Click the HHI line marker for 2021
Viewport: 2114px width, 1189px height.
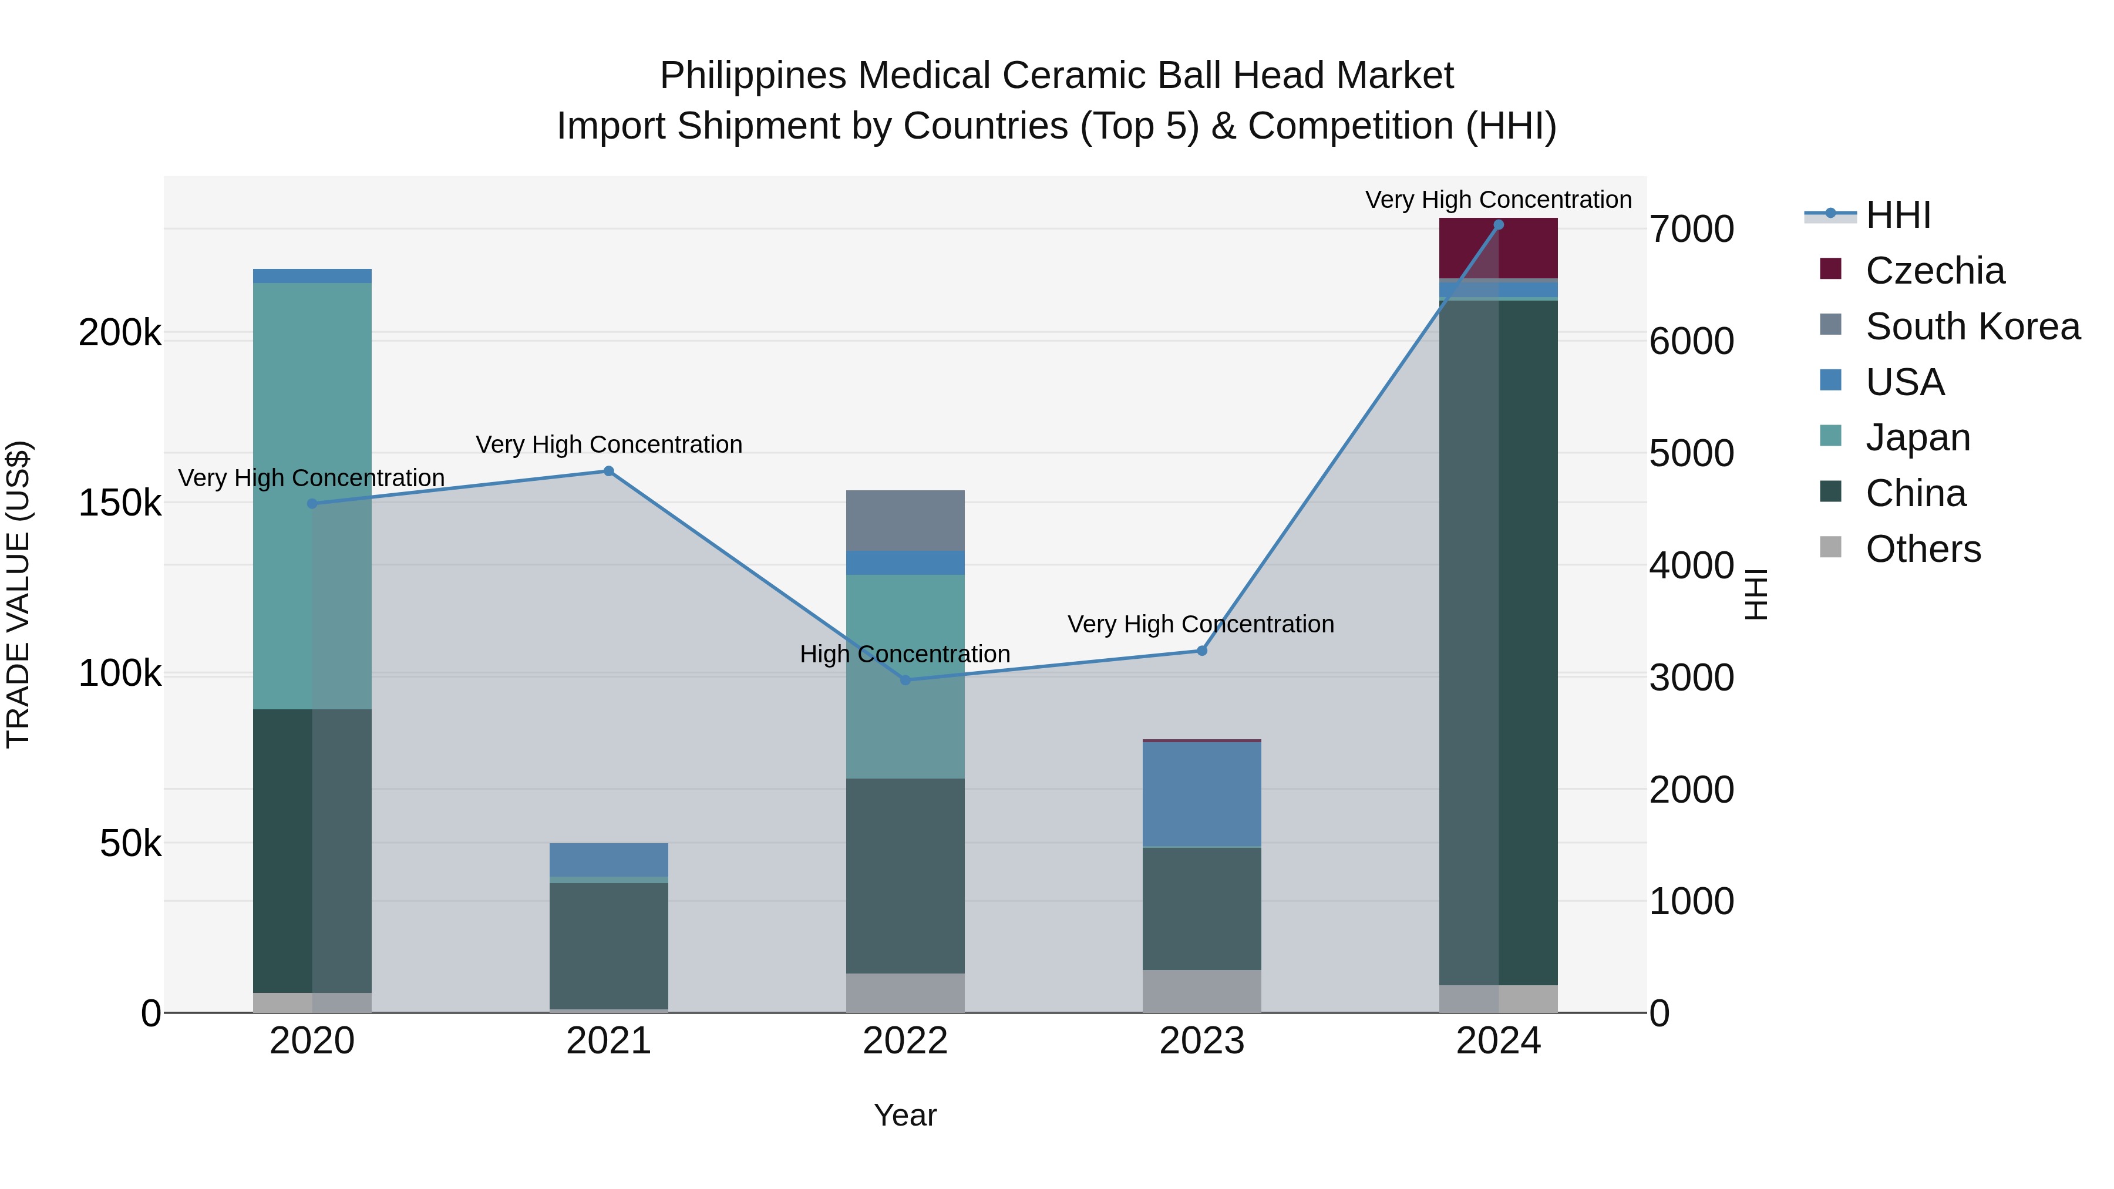click(608, 471)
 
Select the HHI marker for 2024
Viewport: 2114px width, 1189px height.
click(1499, 225)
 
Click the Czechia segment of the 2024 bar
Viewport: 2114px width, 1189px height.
click(1499, 248)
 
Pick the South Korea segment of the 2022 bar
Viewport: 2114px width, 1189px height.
click(905, 520)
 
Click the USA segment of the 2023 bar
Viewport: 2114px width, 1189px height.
click(1201, 793)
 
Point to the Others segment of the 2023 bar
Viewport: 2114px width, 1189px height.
click(1201, 991)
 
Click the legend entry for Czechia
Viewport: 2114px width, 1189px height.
click(1934, 271)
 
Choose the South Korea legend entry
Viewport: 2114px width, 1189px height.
click(1972, 326)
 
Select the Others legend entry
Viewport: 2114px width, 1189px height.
click(1923, 549)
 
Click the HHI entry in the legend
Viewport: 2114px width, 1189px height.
click(1897, 215)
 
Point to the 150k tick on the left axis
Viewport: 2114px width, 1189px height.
click(120, 503)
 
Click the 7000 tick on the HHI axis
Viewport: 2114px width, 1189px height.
click(1691, 229)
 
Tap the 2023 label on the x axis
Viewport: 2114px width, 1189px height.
click(1201, 1041)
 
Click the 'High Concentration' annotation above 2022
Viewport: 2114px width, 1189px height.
click(905, 654)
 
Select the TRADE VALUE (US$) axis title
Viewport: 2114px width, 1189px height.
click(18, 594)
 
